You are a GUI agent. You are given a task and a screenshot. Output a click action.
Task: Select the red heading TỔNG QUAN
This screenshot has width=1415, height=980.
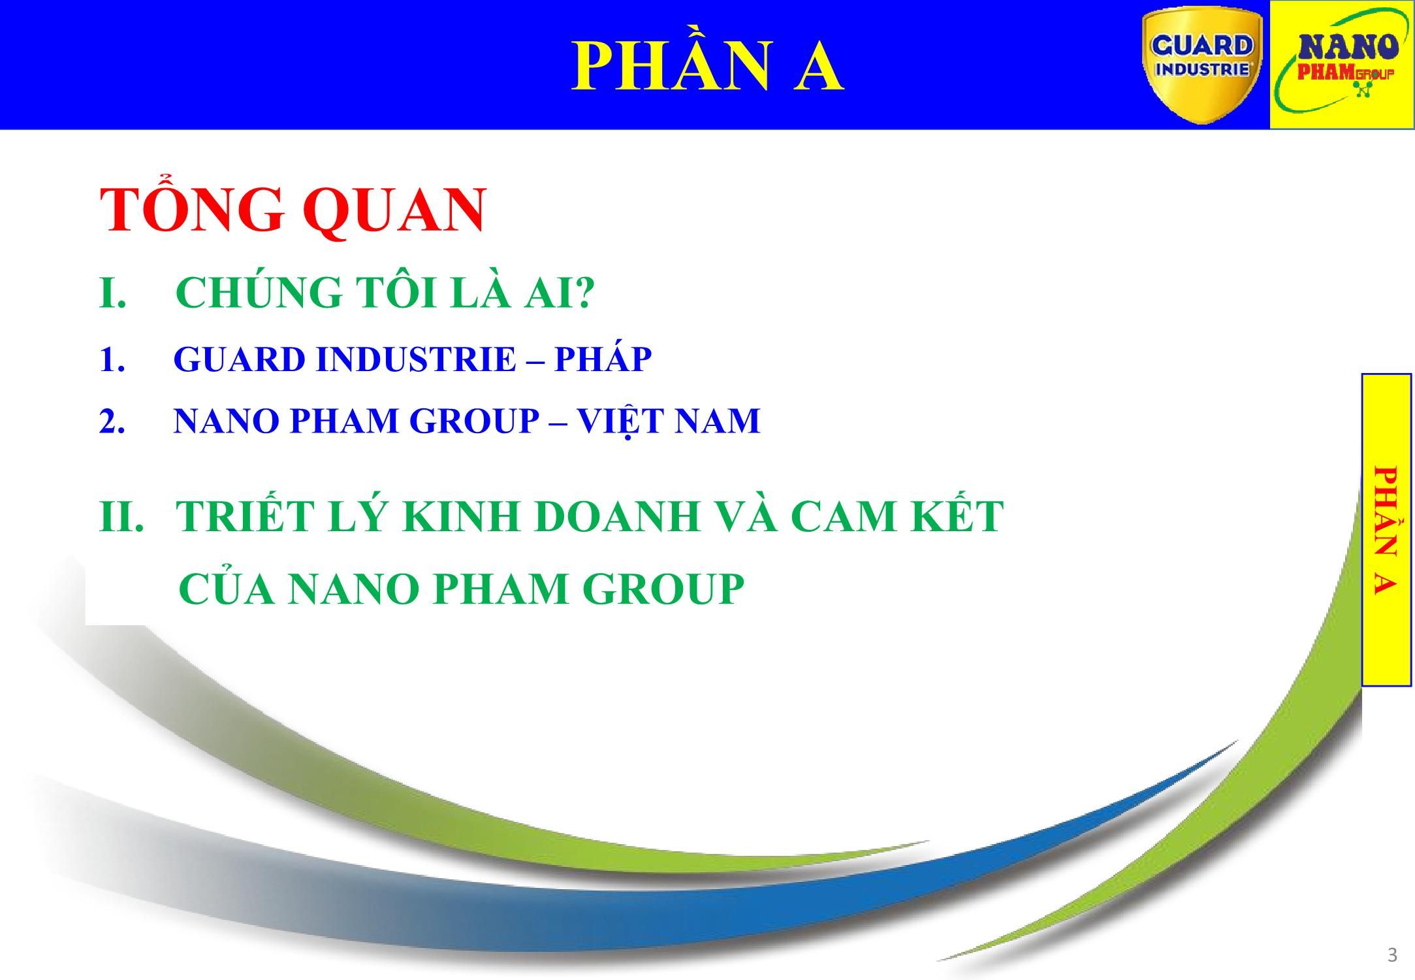[x=293, y=210]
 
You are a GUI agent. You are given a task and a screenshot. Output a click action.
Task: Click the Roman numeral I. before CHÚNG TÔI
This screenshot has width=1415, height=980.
[x=113, y=293]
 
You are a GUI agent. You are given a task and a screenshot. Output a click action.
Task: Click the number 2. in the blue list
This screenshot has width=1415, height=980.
[x=112, y=421]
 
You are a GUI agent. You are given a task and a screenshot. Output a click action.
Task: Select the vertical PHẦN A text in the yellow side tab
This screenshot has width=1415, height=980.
[x=1385, y=530]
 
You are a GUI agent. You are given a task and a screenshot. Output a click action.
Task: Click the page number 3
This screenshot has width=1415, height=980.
[x=1392, y=956]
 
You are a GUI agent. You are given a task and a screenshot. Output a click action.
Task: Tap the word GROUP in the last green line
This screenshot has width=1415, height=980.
[x=663, y=589]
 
